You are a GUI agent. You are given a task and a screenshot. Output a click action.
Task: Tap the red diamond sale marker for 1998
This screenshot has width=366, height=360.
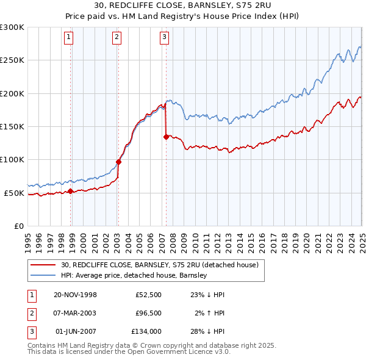(71, 191)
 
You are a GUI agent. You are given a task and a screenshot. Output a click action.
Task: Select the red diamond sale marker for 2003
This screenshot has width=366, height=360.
(118, 162)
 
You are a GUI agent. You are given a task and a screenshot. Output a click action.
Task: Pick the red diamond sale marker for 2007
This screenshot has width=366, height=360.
(166, 137)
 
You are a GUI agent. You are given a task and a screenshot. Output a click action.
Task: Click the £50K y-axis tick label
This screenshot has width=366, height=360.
(14, 193)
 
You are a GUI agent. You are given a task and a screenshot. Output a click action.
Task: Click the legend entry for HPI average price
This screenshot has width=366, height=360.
(134, 275)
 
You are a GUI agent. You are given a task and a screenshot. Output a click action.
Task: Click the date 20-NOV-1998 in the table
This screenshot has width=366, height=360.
(76, 295)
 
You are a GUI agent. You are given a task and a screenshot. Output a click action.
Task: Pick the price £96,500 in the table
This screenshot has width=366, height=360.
(146, 313)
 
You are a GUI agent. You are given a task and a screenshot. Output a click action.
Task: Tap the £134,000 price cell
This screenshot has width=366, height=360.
(146, 331)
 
